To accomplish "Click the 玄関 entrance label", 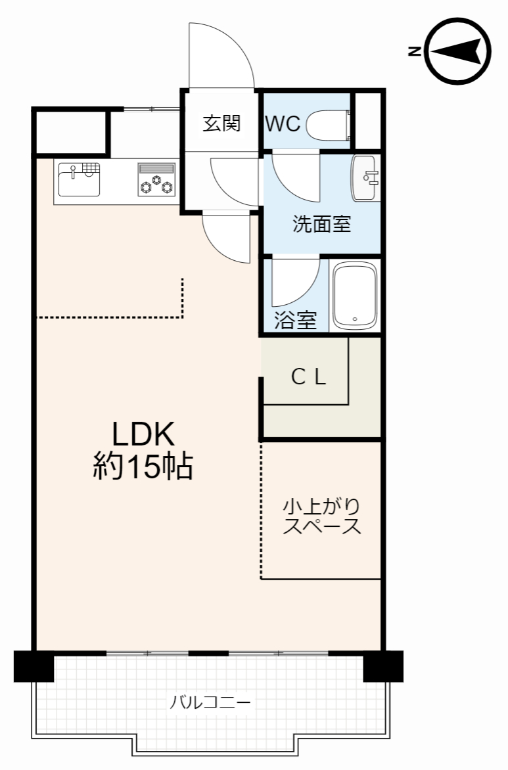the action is [221, 123].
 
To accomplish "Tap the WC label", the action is [283, 124].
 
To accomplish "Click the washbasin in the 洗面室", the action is [365, 178].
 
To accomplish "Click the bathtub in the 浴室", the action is [355, 296].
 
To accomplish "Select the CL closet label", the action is [308, 377].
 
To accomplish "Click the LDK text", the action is [143, 433].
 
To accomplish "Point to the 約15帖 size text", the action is [143, 466].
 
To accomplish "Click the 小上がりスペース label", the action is [322, 516].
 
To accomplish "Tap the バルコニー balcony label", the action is [210, 702].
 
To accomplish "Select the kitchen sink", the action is [79, 179].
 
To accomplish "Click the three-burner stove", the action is [156, 180].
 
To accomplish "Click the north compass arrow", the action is [456, 51].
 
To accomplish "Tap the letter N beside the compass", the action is [415, 51].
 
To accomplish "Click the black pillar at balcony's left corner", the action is [34, 666].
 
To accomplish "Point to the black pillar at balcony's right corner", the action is [383, 666].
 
